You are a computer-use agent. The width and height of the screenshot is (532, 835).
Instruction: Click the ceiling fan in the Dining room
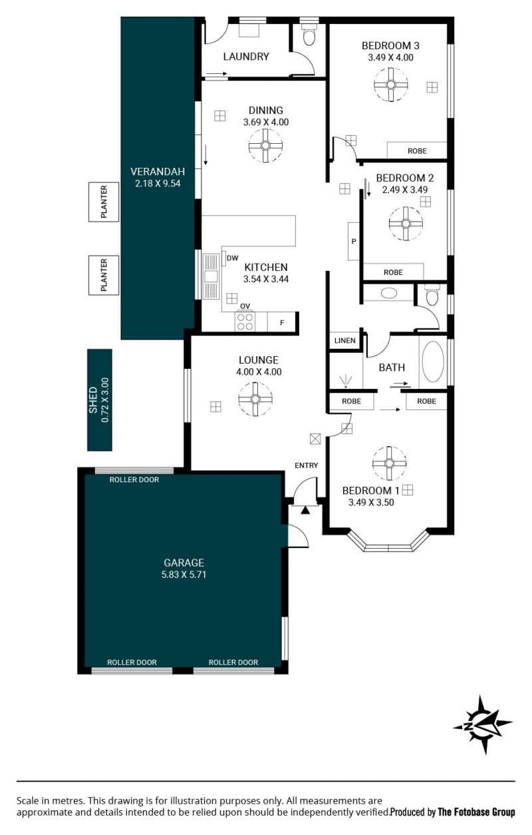click(265, 145)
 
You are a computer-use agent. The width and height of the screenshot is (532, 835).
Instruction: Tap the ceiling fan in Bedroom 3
click(390, 85)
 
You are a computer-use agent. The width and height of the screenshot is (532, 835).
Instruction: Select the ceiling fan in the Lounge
click(255, 399)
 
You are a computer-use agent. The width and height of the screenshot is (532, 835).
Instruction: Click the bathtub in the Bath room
click(433, 362)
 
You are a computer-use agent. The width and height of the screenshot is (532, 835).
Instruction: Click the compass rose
click(483, 724)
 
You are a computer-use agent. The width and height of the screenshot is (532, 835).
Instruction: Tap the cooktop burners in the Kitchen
click(245, 322)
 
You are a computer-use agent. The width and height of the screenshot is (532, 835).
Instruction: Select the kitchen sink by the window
click(211, 276)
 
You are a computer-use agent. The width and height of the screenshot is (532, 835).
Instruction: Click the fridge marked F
click(281, 322)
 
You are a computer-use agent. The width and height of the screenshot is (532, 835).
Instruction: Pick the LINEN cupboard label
click(344, 340)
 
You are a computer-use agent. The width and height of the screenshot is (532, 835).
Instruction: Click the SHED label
click(92, 400)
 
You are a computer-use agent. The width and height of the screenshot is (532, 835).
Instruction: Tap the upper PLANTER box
click(104, 202)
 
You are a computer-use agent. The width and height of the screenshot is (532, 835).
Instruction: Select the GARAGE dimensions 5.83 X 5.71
click(184, 575)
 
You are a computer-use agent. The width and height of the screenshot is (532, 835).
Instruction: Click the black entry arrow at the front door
click(305, 510)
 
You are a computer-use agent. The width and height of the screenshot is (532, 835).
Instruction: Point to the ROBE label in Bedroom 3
click(417, 151)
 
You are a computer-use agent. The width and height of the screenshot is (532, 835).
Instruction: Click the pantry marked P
click(353, 241)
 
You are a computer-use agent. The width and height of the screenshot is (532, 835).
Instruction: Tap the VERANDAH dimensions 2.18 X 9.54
click(158, 183)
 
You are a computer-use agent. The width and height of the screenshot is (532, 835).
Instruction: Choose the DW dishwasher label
click(232, 258)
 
